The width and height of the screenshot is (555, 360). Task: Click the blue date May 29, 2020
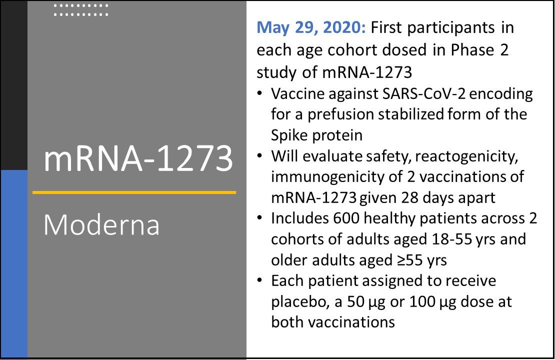pos(311,27)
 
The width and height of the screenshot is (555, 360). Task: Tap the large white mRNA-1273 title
pos(138,158)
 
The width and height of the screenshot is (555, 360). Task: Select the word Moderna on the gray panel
pos(101,224)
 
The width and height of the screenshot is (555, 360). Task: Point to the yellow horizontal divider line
pos(134,192)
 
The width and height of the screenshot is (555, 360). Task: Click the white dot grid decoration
pos(81,10)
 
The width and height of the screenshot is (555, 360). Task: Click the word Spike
pos(290,135)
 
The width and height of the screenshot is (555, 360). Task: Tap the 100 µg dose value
pos(432,302)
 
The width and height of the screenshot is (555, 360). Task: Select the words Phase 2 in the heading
pos(479,50)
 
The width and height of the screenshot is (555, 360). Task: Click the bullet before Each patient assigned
pos(260,280)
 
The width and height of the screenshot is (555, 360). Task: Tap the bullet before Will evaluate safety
pos(260,156)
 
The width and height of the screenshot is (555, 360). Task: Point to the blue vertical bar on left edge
pos(14,264)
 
